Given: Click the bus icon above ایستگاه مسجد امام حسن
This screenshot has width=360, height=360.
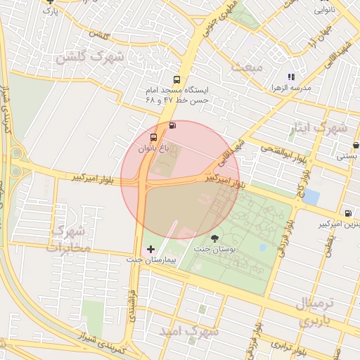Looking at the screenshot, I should point(176,79).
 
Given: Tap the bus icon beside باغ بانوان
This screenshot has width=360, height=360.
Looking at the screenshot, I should point(154,137).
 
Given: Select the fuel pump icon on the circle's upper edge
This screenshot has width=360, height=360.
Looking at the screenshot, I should point(172,126).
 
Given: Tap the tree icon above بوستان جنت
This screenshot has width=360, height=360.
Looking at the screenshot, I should point(214,238).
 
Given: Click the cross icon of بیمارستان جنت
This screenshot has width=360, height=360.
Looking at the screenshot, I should point(150,249).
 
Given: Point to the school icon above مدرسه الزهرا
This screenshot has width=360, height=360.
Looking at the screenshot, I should point(290,77).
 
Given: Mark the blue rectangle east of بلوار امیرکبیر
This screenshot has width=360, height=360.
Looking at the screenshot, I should point(311,197).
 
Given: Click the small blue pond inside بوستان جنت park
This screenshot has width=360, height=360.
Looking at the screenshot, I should point(262,247).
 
